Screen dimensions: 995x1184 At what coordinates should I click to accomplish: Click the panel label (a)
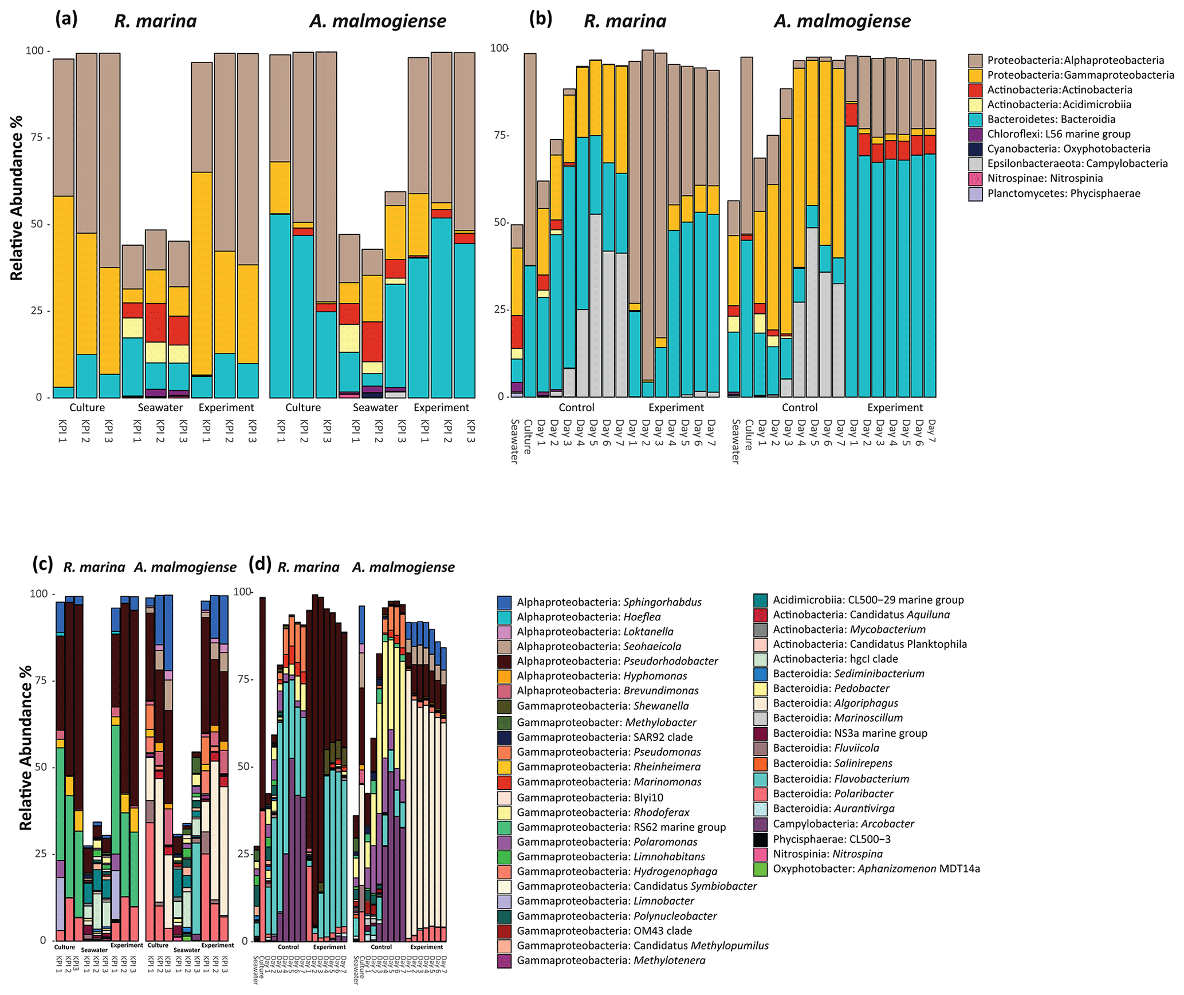click(66, 19)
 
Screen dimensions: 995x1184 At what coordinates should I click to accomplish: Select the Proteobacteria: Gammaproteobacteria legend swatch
click(975, 75)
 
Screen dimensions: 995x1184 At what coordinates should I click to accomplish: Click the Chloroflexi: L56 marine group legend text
click(1059, 134)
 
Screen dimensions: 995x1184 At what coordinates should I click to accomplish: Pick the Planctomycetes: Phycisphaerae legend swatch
click(975, 194)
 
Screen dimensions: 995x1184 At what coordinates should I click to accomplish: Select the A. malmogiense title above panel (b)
click(842, 21)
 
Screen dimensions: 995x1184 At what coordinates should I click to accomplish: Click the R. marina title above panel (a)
click(155, 21)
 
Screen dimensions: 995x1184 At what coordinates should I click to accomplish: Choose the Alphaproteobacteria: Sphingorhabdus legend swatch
click(504, 602)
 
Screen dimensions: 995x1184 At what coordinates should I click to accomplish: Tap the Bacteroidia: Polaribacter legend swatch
click(760, 794)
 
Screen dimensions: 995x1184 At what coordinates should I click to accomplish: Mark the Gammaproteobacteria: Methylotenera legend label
click(611, 961)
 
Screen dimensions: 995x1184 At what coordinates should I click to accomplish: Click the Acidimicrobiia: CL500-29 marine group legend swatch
click(760, 600)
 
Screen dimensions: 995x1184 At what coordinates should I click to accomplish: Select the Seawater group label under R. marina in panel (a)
click(160, 407)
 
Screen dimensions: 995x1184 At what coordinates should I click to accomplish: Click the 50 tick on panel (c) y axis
click(39, 766)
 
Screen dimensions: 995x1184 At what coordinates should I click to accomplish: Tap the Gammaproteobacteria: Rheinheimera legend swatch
click(504, 767)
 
